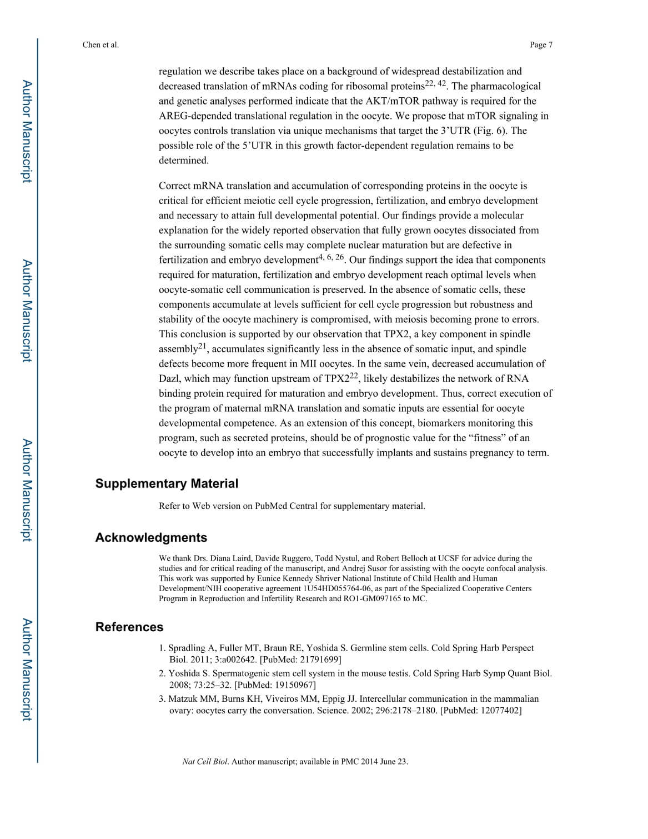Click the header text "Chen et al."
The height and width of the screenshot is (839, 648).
point(101,45)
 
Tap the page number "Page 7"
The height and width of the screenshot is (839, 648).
point(541,45)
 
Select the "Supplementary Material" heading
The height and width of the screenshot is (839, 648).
point(167,483)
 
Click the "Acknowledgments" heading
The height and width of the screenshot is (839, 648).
point(151,537)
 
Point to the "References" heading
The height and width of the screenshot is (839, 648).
point(129,627)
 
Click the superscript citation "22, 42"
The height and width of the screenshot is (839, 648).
point(435,83)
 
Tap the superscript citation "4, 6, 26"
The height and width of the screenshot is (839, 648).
point(331,257)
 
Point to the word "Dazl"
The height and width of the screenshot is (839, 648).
point(169,379)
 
